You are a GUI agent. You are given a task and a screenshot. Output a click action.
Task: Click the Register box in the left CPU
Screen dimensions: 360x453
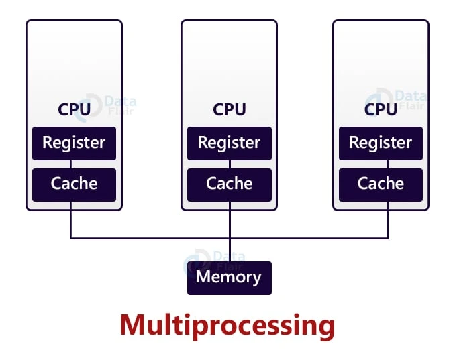coord(74,143)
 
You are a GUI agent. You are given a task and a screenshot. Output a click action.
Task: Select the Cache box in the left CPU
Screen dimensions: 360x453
coord(74,184)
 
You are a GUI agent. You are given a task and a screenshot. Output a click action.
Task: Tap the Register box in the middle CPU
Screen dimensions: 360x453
coord(229,143)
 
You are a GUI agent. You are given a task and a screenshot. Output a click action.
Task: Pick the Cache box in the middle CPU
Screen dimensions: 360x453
coord(229,184)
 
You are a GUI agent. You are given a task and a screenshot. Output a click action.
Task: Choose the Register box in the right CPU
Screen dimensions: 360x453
coord(381,143)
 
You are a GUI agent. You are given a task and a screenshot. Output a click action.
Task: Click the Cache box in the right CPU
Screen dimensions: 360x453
coord(381,184)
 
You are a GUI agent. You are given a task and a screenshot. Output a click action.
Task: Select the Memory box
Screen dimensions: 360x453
coord(229,278)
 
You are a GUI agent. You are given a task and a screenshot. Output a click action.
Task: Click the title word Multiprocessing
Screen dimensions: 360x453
coord(227,326)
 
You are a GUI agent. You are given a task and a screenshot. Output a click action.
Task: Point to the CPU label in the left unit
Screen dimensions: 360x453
coord(74,109)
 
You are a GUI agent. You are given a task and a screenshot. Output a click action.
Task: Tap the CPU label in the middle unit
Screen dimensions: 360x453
coord(229,109)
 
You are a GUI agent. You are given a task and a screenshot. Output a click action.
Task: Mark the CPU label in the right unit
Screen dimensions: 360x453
coord(381,109)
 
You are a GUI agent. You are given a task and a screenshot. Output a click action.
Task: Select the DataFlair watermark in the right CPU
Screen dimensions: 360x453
coord(403,99)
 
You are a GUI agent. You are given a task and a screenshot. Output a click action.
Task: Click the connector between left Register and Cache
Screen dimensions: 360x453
coord(71,164)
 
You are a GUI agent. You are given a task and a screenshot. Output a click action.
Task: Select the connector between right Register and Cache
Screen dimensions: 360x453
coord(381,164)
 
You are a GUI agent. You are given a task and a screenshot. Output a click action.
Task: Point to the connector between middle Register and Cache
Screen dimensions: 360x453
coord(229,164)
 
